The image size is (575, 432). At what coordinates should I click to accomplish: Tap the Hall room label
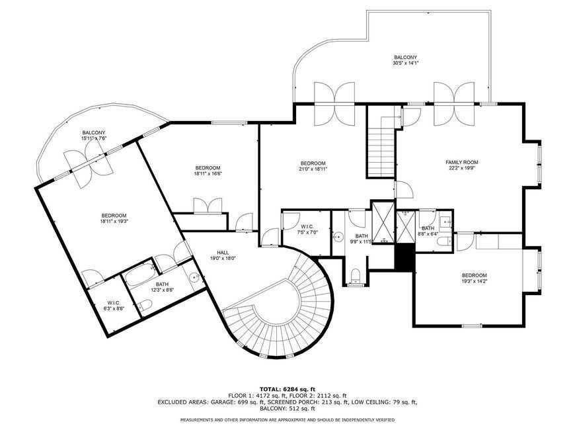click(x=223, y=253)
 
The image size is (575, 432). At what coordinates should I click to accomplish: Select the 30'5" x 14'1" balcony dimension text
click(x=405, y=63)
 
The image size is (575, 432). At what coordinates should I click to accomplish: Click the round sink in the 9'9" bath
click(x=338, y=237)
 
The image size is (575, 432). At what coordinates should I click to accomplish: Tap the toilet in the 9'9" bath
click(x=356, y=276)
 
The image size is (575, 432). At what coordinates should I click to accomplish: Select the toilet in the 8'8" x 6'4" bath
click(x=446, y=241)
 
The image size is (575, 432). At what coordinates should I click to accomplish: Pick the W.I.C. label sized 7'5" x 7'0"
click(x=307, y=226)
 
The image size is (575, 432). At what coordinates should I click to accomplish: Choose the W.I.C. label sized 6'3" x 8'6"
click(x=114, y=303)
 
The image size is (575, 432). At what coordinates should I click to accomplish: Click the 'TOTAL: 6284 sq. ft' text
click(x=287, y=389)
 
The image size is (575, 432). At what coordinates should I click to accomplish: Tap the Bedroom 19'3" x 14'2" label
click(x=474, y=275)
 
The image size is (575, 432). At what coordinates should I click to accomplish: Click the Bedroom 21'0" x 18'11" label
click(x=313, y=163)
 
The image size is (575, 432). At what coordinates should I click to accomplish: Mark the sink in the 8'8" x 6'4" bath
click(x=445, y=222)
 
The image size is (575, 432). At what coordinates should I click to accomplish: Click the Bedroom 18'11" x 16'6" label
click(x=208, y=168)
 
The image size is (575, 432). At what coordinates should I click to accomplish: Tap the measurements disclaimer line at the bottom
click(x=287, y=419)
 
